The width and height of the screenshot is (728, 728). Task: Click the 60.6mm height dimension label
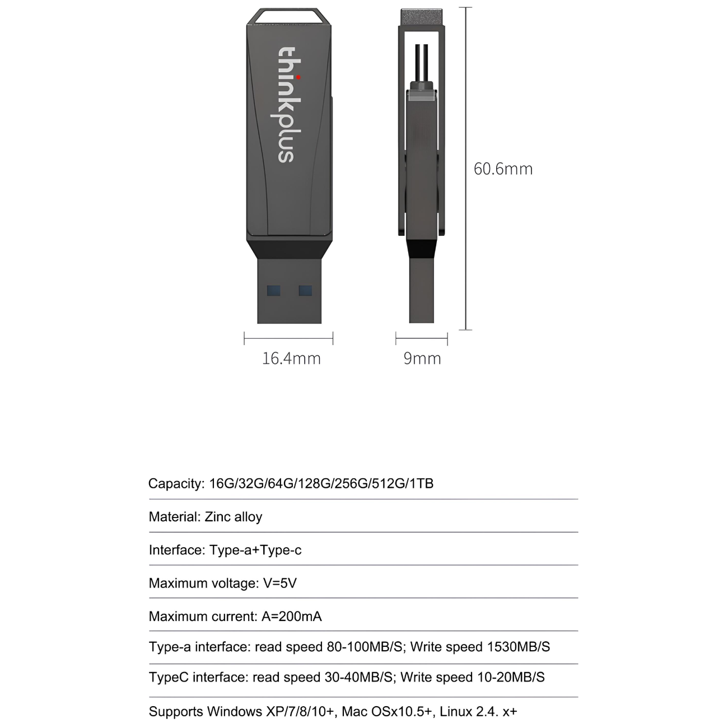503,169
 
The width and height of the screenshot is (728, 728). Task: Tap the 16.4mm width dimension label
291,358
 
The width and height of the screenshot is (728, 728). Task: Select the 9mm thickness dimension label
422,358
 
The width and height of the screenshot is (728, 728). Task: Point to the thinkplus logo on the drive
287,105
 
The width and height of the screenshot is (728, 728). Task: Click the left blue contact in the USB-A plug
273,291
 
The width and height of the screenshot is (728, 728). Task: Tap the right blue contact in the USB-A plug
305,291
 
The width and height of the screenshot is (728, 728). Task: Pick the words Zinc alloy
234,516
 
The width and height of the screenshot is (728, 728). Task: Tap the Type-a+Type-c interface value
255,550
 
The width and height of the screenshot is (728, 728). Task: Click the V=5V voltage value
280,583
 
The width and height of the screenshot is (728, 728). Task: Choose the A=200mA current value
292,617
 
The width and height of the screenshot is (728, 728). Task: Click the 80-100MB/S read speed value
365,647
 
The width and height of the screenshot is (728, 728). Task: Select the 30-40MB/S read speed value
358,677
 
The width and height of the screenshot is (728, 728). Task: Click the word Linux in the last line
455,712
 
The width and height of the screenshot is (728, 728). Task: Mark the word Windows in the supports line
234,712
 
